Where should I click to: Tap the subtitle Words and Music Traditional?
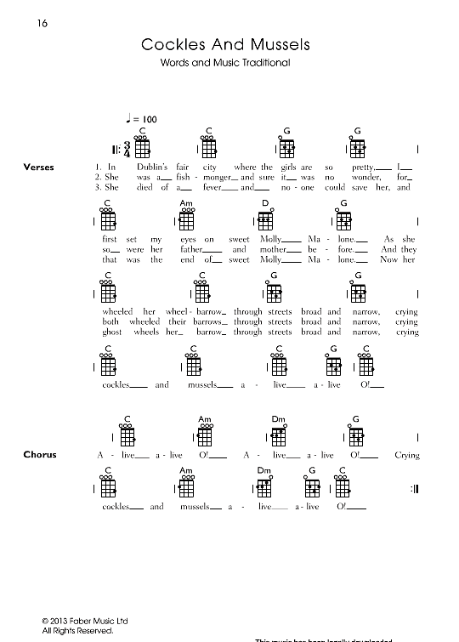click(225, 63)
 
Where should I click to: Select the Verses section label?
click(39, 167)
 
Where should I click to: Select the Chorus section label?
click(40, 455)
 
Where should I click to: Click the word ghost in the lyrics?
click(112, 332)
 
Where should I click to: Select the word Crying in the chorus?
click(406, 455)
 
